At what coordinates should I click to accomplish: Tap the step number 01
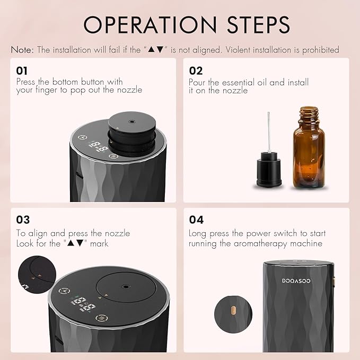pos(22,71)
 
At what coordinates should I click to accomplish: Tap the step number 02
pos(196,71)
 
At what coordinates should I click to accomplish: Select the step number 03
pos(23,219)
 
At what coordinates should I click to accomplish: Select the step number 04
pos(196,219)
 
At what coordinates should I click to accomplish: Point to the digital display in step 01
pos(95,146)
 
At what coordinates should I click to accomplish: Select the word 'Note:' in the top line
pos(22,50)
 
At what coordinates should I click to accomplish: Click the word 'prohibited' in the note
pos(319,50)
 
